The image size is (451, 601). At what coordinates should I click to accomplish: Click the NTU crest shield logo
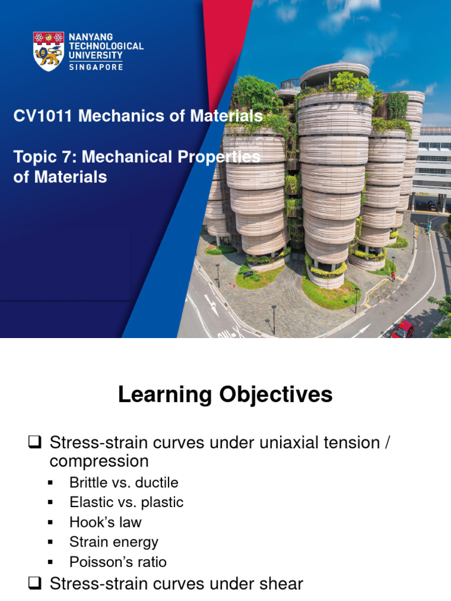tap(48, 52)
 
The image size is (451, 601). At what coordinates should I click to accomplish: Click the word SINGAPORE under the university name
tap(96, 67)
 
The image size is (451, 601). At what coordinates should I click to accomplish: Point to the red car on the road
tap(403, 329)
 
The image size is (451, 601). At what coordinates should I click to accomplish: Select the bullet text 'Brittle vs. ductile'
tap(123, 482)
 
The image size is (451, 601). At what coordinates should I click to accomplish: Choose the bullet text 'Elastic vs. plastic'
tap(126, 502)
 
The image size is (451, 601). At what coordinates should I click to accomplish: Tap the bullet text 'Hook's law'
tap(105, 522)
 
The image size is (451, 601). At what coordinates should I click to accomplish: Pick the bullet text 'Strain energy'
tap(113, 542)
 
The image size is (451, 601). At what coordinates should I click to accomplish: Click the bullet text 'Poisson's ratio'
tap(117, 562)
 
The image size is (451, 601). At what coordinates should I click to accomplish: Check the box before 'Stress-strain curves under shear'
tap(35, 584)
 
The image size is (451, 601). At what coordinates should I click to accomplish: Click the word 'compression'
tap(99, 461)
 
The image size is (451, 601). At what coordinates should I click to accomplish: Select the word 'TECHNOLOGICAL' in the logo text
tap(106, 46)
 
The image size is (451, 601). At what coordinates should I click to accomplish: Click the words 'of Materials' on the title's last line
tap(60, 177)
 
